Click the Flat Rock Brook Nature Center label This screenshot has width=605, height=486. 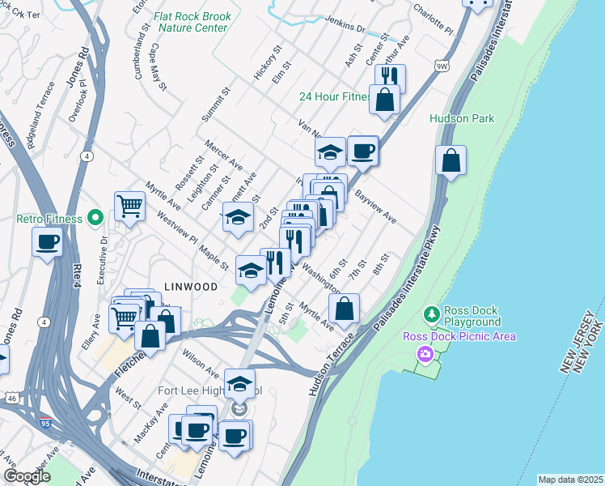coord(194,22)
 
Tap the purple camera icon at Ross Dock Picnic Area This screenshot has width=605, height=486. coord(423,353)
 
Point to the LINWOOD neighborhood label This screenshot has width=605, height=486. coord(191,287)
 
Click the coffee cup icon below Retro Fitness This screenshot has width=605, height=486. coord(48,241)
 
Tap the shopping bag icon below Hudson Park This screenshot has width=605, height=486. coord(451,160)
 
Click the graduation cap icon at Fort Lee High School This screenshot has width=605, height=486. coord(239,383)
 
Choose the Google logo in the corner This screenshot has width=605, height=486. coord(27,476)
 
